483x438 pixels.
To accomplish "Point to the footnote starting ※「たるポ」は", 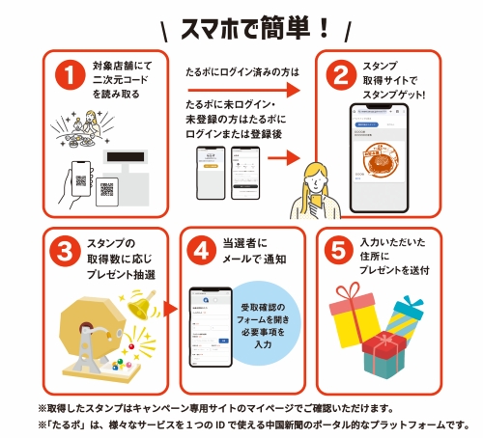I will pos(253,424).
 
